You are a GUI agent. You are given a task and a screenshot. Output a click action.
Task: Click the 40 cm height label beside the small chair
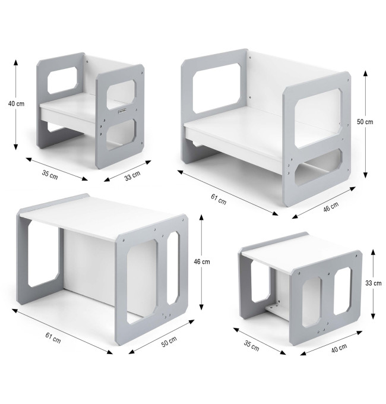click(16, 103)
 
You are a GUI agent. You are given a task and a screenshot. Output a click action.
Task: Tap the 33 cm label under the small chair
click(132, 176)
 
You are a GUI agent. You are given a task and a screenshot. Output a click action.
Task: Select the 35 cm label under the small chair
click(50, 175)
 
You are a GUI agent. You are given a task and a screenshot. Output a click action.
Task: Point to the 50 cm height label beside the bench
click(365, 122)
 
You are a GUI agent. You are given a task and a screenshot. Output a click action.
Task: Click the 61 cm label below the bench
click(219, 199)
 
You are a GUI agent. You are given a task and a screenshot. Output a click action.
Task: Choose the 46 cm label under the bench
click(331, 207)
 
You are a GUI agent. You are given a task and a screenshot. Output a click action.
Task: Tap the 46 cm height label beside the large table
click(202, 261)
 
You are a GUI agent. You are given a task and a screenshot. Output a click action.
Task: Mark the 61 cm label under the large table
click(53, 338)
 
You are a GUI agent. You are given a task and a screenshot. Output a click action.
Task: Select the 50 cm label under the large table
click(169, 342)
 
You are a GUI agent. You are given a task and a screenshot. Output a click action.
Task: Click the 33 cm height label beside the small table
click(374, 283)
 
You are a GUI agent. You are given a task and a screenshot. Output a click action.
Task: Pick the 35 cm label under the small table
click(251, 346)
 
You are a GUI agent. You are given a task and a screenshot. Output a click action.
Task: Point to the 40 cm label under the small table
click(339, 348)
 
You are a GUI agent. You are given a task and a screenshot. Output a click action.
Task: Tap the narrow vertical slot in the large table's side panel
click(173, 268)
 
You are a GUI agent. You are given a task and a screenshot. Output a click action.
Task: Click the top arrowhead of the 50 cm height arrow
click(365, 74)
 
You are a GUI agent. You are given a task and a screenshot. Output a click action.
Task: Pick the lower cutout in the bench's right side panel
click(319, 167)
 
